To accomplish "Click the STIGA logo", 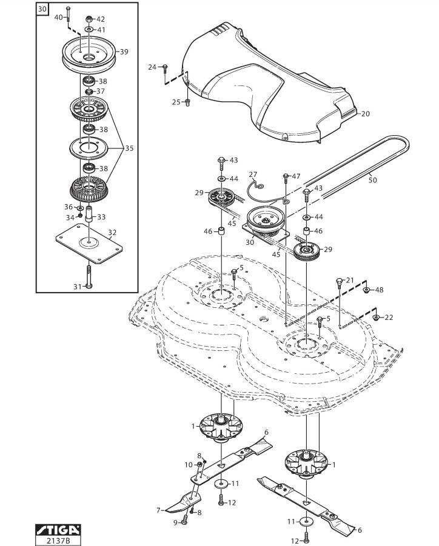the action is coord(58,530).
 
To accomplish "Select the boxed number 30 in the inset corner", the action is coord(42,9).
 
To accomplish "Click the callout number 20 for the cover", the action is coord(365,113).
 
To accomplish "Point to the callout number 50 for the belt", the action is coord(372,180).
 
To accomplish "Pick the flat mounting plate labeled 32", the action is coord(89,244).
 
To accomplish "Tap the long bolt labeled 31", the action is coord(89,276).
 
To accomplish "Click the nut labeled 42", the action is coord(89,19).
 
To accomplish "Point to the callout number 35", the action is coord(129,148).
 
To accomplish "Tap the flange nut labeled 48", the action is coord(366,290).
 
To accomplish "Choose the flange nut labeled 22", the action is coord(376,317).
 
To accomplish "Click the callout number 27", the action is coord(253,175).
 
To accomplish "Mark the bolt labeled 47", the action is coord(286,178).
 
